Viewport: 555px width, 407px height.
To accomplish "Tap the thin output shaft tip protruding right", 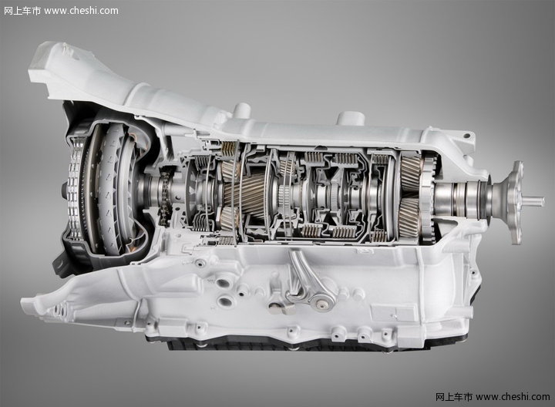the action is click(x=533, y=202).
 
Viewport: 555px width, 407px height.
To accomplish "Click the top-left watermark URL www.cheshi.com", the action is click(x=81, y=11).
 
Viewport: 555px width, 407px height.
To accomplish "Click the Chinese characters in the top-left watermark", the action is click(x=22, y=11).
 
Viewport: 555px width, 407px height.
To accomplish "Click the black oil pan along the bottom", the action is click(x=276, y=344).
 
